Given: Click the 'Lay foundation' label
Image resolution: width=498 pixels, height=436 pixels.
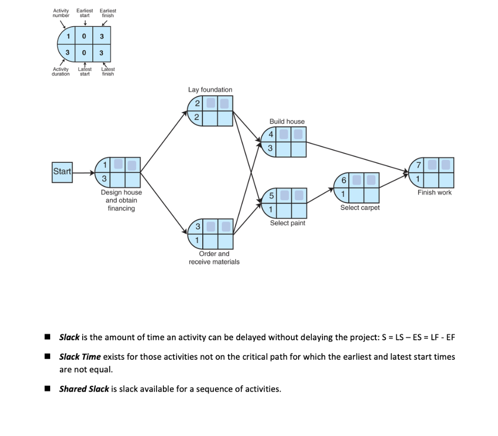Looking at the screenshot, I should coord(210,90).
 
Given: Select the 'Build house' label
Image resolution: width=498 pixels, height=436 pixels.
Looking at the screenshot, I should coord(287,122).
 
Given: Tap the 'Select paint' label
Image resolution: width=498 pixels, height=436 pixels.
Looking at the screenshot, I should coord(287,223).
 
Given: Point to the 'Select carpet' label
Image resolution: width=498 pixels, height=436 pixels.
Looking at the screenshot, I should coord(360,208).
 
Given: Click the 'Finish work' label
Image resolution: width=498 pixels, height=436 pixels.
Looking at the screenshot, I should coord(434,192).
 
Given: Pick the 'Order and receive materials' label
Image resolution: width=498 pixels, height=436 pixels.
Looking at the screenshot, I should coord(214,258).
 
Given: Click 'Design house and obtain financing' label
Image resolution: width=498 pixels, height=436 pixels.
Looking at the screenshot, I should coord(121,200).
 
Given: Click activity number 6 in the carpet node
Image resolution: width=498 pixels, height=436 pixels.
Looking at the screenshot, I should coord(343,180).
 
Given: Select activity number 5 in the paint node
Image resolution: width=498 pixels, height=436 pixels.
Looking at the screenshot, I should coord(271,196).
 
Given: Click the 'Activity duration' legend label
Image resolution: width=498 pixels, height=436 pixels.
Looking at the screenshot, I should coord(61,71).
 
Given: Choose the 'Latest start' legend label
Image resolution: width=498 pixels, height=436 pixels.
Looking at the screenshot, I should coord(85,71).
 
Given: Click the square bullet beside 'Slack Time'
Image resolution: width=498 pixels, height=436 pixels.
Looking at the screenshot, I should coord(47,357).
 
